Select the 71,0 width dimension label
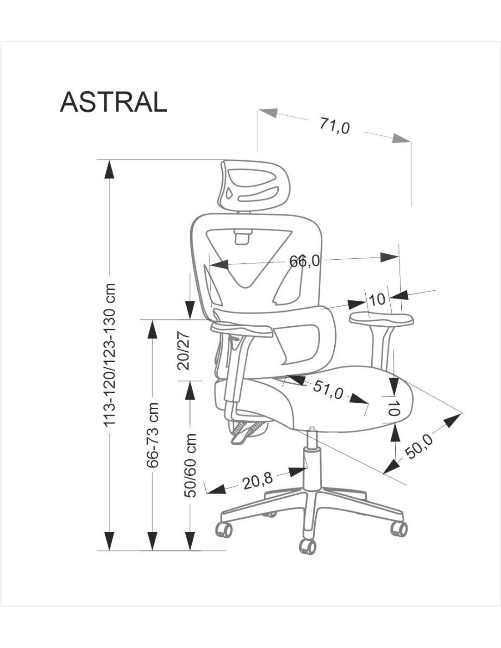click(335, 126)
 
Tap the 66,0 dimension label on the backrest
click(304, 262)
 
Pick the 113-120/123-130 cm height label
click(109, 355)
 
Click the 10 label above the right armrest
click(377, 299)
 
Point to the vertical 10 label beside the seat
click(394, 408)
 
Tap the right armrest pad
click(382, 319)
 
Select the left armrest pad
click(242, 329)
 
